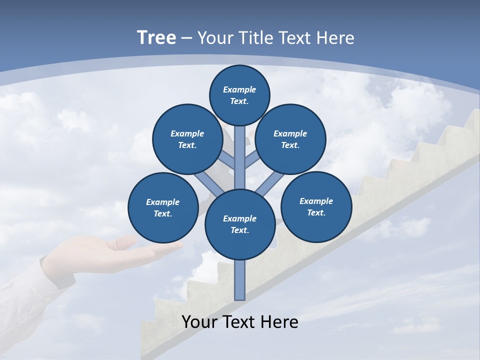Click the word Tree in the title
156,38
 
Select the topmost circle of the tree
239,95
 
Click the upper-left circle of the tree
187,139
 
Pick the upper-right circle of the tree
290,139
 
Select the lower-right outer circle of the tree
316,206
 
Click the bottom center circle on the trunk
239,224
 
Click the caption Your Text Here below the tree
239,321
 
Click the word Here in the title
335,38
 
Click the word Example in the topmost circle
239,90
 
